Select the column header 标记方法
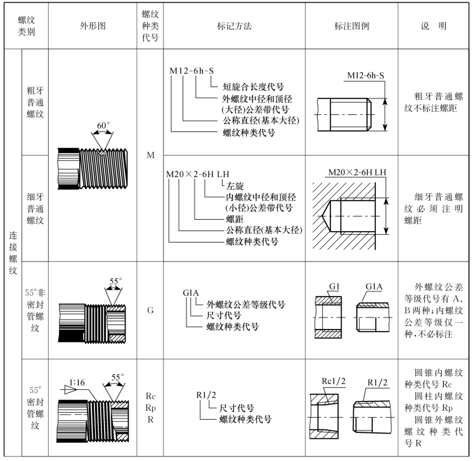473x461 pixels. tap(234, 26)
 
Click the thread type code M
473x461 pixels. tap(150, 154)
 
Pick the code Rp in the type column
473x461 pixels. tap(150, 407)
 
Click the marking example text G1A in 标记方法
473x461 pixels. tap(191, 293)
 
